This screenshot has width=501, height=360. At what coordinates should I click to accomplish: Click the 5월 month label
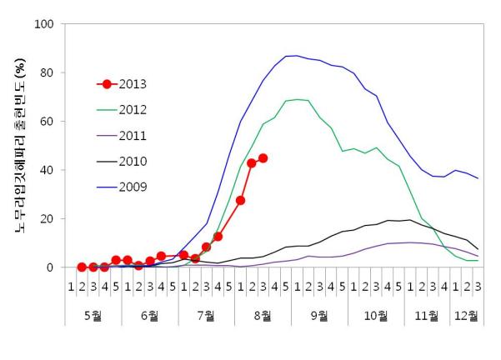(x=93, y=316)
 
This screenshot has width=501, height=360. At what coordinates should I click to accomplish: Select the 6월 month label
(x=149, y=316)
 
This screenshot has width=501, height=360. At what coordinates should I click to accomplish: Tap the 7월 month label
(x=206, y=316)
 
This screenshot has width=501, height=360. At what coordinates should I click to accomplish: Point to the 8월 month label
(x=263, y=316)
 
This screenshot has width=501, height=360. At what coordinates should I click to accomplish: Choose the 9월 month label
(x=319, y=316)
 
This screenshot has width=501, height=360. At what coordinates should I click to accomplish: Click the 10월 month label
(x=376, y=316)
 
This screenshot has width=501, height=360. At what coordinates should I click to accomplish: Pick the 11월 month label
(x=427, y=316)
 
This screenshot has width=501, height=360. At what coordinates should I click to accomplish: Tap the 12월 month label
(x=466, y=316)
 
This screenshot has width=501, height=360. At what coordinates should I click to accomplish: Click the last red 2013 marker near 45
(x=263, y=157)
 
